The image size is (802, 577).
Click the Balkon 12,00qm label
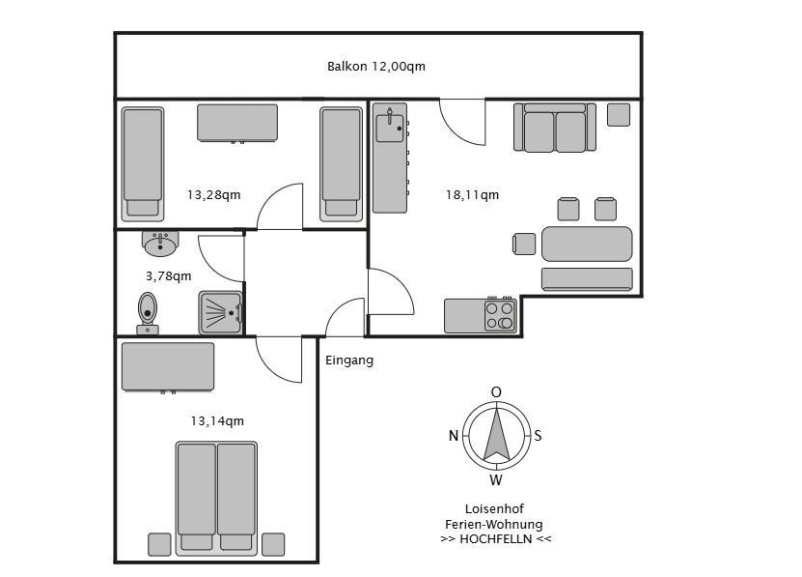coord(376,67)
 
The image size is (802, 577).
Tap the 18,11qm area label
coord(472,195)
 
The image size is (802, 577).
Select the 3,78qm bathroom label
coord(169,276)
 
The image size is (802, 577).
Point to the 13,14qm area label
coord(217,421)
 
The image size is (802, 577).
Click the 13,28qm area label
coord(214,195)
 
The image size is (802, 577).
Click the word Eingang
coord(349,361)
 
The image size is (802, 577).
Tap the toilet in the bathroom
coord(148,313)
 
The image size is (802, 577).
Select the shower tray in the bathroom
coord(220,312)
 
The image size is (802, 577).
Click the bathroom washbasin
coord(160,244)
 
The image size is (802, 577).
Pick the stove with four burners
coord(500,316)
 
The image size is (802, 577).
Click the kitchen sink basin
coord(390,128)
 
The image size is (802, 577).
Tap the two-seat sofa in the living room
coord(555,128)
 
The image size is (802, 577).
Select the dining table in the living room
coord(587,244)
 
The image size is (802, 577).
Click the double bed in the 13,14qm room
coord(216,499)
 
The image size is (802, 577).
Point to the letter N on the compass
coord(454,436)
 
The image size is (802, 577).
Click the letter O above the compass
coord(496,392)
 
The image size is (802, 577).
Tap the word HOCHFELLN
coord(496,539)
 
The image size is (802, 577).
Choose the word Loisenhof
coord(494,508)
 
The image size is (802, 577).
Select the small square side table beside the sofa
coord(619,115)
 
